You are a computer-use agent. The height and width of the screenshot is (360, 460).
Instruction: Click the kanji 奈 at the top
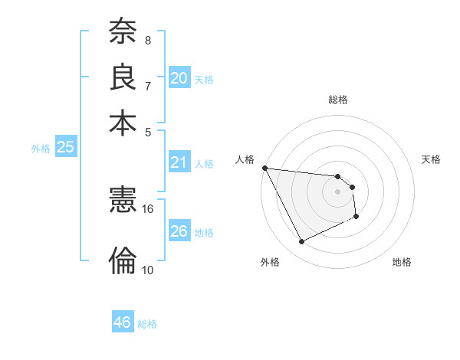click(123, 32)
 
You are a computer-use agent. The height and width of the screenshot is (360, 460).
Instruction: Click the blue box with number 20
click(179, 77)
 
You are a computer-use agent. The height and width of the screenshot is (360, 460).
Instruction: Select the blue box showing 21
click(179, 162)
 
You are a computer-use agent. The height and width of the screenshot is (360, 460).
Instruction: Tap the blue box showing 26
click(179, 231)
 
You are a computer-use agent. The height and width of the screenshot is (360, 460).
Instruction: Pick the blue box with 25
click(65, 148)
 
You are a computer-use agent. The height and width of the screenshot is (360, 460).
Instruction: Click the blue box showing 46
click(123, 322)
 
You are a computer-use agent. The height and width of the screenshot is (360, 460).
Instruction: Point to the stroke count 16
click(148, 208)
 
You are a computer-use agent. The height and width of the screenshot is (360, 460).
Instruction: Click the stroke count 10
click(148, 270)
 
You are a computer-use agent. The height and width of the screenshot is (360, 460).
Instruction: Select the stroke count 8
click(148, 40)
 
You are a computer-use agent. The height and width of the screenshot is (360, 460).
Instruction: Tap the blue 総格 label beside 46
click(148, 324)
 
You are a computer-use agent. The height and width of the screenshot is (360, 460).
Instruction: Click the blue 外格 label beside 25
click(41, 149)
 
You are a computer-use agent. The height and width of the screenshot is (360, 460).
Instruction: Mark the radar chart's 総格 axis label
click(338, 100)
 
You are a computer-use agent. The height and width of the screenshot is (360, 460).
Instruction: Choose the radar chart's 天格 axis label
click(432, 159)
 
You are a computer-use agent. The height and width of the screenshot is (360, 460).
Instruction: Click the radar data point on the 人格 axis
click(264, 168)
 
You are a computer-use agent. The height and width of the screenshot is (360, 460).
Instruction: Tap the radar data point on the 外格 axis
click(301, 242)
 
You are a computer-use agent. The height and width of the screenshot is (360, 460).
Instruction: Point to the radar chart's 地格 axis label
click(402, 262)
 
